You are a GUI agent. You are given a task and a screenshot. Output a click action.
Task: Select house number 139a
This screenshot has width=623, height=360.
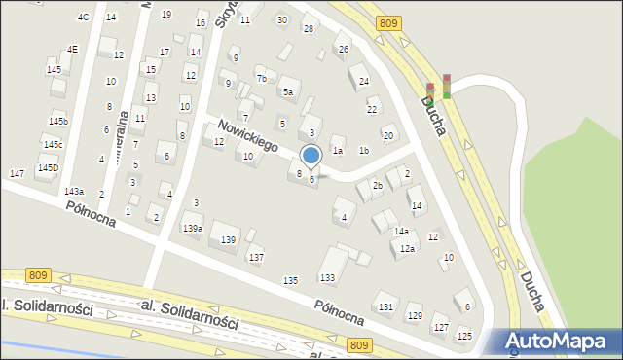(x=193, y=228)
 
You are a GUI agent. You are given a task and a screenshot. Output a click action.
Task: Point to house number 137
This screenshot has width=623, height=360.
(x=255, y=257)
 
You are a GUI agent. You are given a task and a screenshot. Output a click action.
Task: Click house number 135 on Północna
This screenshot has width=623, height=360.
(x=290, y=280)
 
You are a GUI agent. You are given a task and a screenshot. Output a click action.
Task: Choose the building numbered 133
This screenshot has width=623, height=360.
(x=327, y=278)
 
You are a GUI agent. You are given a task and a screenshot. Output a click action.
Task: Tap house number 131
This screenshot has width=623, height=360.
(x=386, y=306)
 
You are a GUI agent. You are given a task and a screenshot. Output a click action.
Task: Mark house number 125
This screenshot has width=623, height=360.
(x=464, y=336)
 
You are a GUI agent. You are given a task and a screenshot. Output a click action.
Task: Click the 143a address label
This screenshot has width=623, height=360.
(x=74, y=192)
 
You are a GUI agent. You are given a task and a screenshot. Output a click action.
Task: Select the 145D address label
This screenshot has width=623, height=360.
(x=48, y=168)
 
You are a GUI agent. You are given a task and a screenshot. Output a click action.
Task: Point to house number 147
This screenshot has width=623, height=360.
(x=17, y=173)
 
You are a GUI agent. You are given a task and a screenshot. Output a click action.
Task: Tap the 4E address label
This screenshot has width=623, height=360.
(x=72, y=50)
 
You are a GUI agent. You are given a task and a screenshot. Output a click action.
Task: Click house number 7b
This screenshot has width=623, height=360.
(x=261, y=79)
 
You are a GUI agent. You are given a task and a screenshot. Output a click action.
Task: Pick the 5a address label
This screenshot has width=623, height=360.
(x=288, y=92)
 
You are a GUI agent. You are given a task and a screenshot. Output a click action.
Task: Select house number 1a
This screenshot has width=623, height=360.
(x=338, y=151)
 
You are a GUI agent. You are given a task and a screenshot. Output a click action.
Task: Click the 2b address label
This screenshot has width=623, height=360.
(x=377, y=185)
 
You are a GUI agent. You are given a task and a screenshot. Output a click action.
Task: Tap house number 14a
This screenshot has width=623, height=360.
(x=401, y=232)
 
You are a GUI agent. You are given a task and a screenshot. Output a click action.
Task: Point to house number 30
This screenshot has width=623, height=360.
(x=282, y=19)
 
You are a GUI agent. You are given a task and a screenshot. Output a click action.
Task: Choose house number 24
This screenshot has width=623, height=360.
(x=364, y=82)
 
